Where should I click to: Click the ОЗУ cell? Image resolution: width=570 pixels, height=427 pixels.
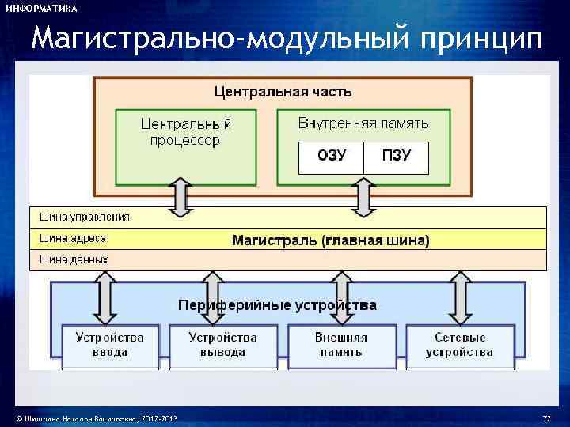331,157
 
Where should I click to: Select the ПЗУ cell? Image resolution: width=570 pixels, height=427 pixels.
396,157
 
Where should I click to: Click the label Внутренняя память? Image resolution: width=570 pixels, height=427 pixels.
363,123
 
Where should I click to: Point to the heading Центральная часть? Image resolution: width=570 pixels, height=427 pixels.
283,92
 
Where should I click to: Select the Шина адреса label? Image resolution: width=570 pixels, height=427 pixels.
73,238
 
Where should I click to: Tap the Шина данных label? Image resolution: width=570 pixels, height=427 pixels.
74,259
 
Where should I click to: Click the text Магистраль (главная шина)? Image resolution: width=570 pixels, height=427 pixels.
330,240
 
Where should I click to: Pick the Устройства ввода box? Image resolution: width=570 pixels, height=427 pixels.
110,345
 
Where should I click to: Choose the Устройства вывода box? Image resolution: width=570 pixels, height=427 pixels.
222,345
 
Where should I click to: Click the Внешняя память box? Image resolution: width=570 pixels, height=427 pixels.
341,345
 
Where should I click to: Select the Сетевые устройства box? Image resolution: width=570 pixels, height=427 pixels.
460,345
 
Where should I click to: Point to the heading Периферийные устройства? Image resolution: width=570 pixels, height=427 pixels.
277,304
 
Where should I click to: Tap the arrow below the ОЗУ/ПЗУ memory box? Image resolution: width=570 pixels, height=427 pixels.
363,197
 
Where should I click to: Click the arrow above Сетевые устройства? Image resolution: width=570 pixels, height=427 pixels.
460,296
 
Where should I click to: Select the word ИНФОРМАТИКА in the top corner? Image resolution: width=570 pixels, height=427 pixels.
41,9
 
